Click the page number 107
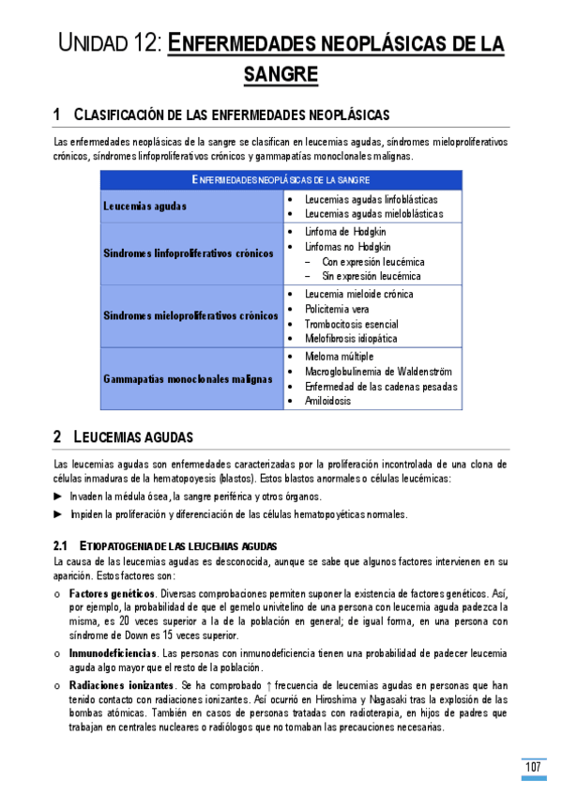coord(533,768)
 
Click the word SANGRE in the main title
coord(281,73)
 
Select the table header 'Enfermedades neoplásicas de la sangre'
coord(281,178)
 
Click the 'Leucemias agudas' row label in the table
coord(144,206)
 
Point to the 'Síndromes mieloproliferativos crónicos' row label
coord(190,315)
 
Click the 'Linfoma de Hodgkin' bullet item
coord(344,231)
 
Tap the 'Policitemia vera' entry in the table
coord(337,309)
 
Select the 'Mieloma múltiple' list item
coord(339,357)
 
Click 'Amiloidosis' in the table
coord(327,401)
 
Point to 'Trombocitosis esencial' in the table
coord(351,324)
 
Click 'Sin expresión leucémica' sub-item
coord(371,276)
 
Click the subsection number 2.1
coord(62,545)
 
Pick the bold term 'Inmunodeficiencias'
coord(113,651)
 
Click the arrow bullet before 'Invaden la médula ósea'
coord(59,496)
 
